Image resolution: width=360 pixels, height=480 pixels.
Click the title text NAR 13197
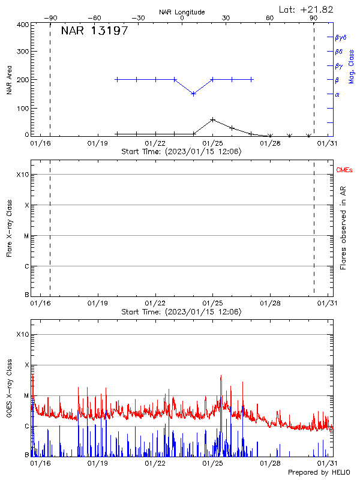[x=94, y=31]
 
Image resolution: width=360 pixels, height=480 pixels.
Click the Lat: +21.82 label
[x=307, y=9]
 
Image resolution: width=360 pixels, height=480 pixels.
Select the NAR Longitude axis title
[x=182, y=12]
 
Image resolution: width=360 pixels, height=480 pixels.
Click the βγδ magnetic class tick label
[x=341, y=37]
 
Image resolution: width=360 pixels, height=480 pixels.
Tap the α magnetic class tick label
[x=337, y=94]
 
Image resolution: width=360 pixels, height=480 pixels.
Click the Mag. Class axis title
[x=352, y=65]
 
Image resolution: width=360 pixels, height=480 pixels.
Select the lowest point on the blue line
[x=193, y=94]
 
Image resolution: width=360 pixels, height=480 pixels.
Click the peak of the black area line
[x=212, y=119]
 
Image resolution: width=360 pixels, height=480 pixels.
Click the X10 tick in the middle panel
[x=22, y=175]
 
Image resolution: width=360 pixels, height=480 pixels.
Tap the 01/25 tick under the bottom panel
[x=212, y=463]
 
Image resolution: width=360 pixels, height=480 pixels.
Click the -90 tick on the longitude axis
[x=50, y=18]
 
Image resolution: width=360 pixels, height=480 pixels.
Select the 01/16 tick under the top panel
[x=40, y=144]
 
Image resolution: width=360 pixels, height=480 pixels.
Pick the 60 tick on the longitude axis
[x=270, y=18]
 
